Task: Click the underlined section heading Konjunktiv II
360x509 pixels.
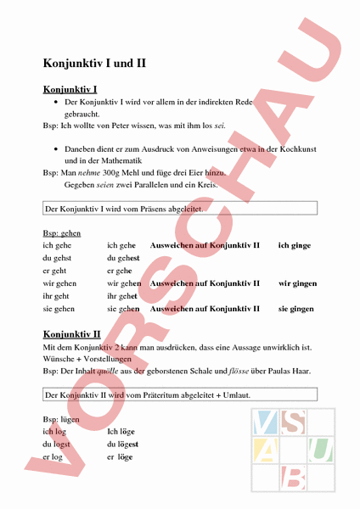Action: tap(71, 334)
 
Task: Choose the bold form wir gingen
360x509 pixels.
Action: tap(298, 283)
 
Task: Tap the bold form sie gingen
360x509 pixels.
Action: tap(296, 310)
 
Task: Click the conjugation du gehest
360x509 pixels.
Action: tap(123, 258)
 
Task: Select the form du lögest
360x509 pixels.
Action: tap(123, 444)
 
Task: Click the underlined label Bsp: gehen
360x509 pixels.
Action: tap(62, 232)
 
